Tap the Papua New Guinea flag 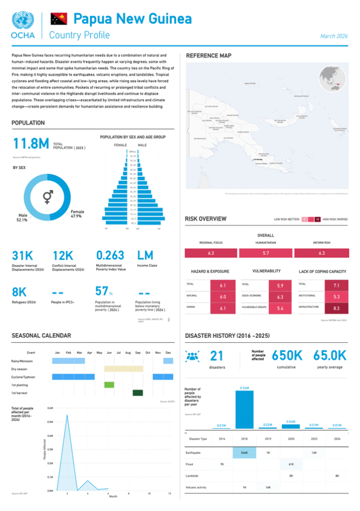pyautogui.click(x=58, y=20)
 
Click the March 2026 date pyautogui.click(x=334, y=36)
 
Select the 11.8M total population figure pyautogui.click(x=30, y=143)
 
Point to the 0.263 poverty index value pyautogui.click(x=110, y=255)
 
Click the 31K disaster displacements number pyautogui.click(x=23, y=256)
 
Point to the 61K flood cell pyautogui.click(x=291, y=464)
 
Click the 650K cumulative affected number pyautogui.click(x=290, y=355)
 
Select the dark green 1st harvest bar pyautogui.click(x=138, y=393)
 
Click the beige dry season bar pyautogui.click(x=124, y=369)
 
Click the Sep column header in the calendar pyautogui.click(x=138, y=352)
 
